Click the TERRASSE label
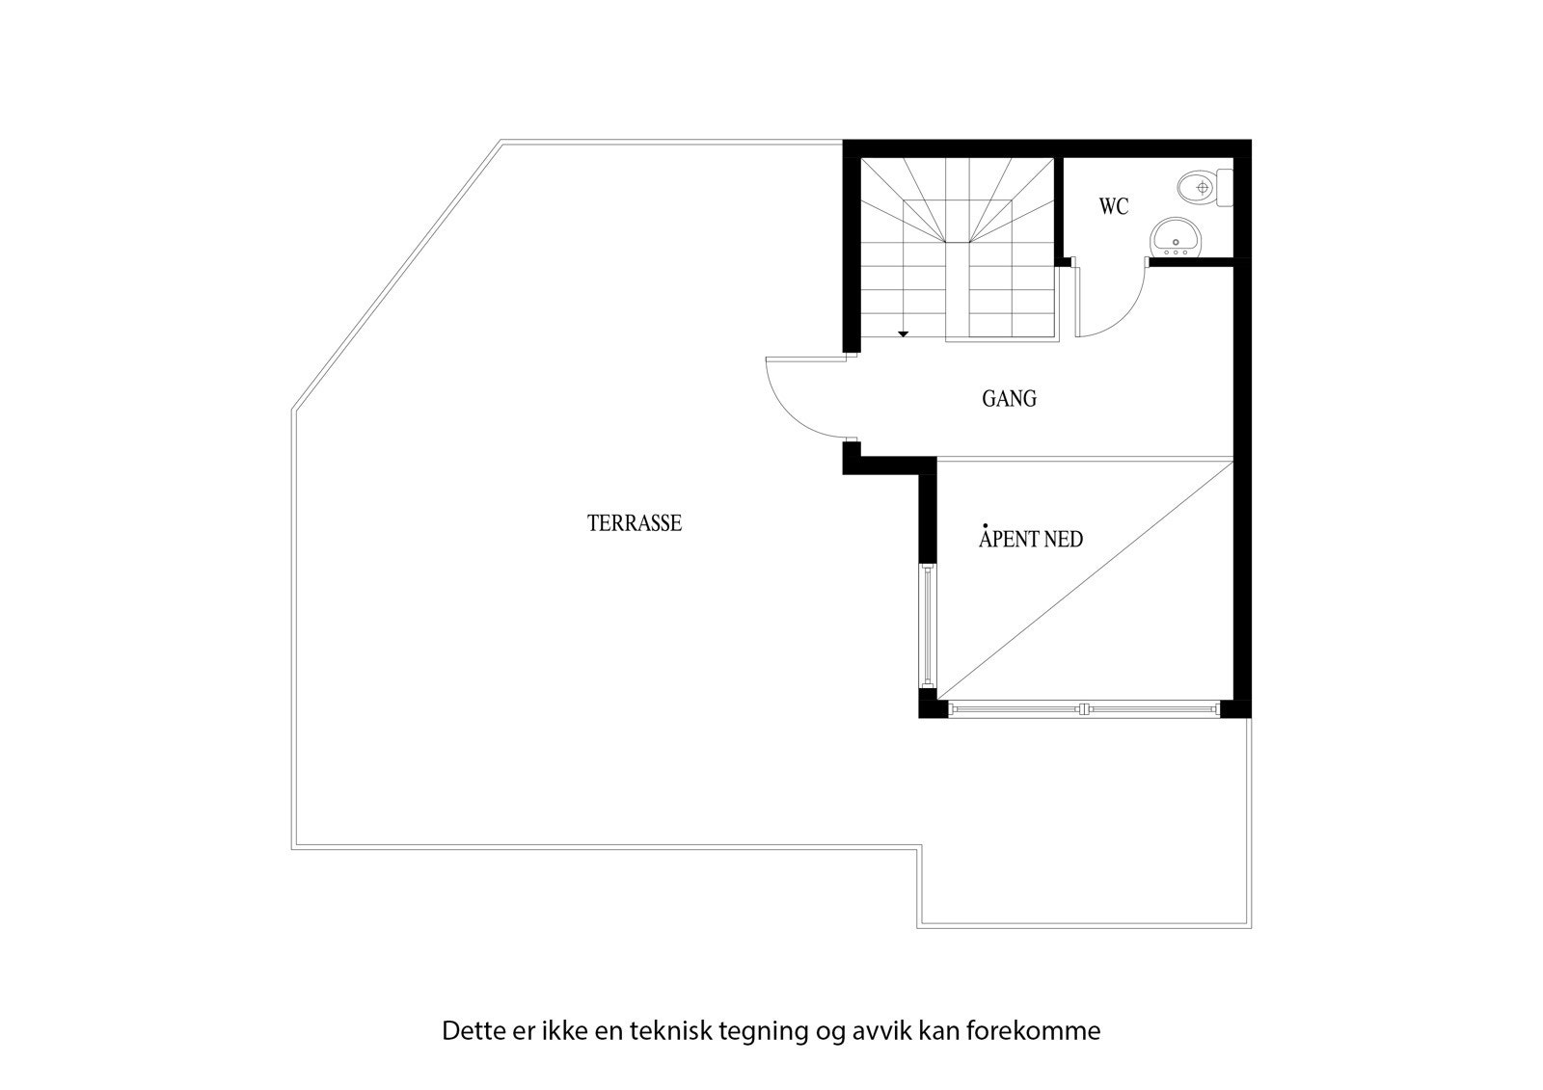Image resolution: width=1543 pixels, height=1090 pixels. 635,523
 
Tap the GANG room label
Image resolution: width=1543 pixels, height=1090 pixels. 1009,398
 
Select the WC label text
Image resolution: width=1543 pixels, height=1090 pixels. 1113,206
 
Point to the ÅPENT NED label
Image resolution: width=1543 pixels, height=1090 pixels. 1031,539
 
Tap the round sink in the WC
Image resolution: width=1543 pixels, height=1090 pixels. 1176,236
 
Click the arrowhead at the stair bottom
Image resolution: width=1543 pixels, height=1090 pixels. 903,333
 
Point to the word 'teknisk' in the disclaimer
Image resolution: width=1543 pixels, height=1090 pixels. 665,1031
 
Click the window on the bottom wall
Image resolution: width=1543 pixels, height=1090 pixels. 1085,709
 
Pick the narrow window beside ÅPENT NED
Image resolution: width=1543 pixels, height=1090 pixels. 927,626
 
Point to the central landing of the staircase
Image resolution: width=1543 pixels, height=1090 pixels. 957,222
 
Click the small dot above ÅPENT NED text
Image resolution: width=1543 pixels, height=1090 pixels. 984,525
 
